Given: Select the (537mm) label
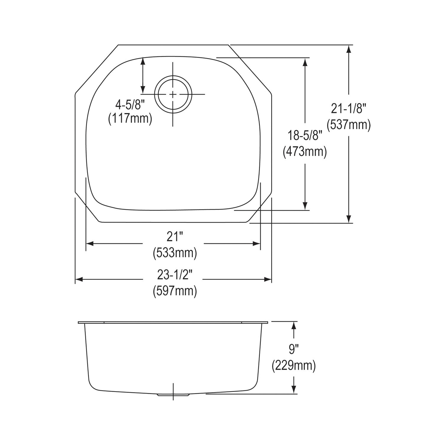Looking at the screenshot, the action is coord(349,125).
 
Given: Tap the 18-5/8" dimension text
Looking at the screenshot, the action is coord(305,136).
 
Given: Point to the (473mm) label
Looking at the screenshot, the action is coord(305,152).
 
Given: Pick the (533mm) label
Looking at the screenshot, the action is coord(175,253).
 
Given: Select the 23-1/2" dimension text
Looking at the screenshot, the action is coord(175,275).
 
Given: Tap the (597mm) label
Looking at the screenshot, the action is coord(175,291).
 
